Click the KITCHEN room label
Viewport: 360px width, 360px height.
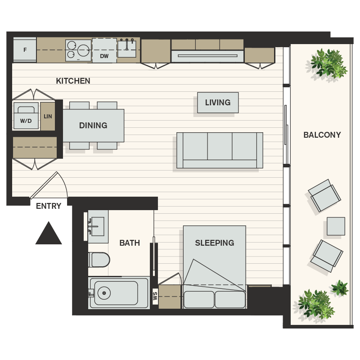(73, 81)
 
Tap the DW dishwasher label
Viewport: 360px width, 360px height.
(104, 56)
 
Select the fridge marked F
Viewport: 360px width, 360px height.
(24, 50)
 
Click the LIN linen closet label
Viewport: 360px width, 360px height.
(48, 117)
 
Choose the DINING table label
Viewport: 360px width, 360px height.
(93, 126)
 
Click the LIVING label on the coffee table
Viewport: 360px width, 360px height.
(218, 103)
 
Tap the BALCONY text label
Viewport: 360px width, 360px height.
(322, 135)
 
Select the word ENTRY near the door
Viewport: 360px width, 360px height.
(49, 206)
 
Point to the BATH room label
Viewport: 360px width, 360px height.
(130, 243)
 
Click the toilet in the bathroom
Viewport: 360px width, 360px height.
(99, 260)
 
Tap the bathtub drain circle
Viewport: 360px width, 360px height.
(104, 293)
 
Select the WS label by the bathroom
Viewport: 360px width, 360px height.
(155, 297)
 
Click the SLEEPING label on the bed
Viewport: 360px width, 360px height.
(214, 243)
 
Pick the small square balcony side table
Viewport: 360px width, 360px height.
(336, 226)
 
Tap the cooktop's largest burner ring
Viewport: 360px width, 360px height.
(83, 50)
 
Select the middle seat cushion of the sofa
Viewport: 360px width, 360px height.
(220, 146)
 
